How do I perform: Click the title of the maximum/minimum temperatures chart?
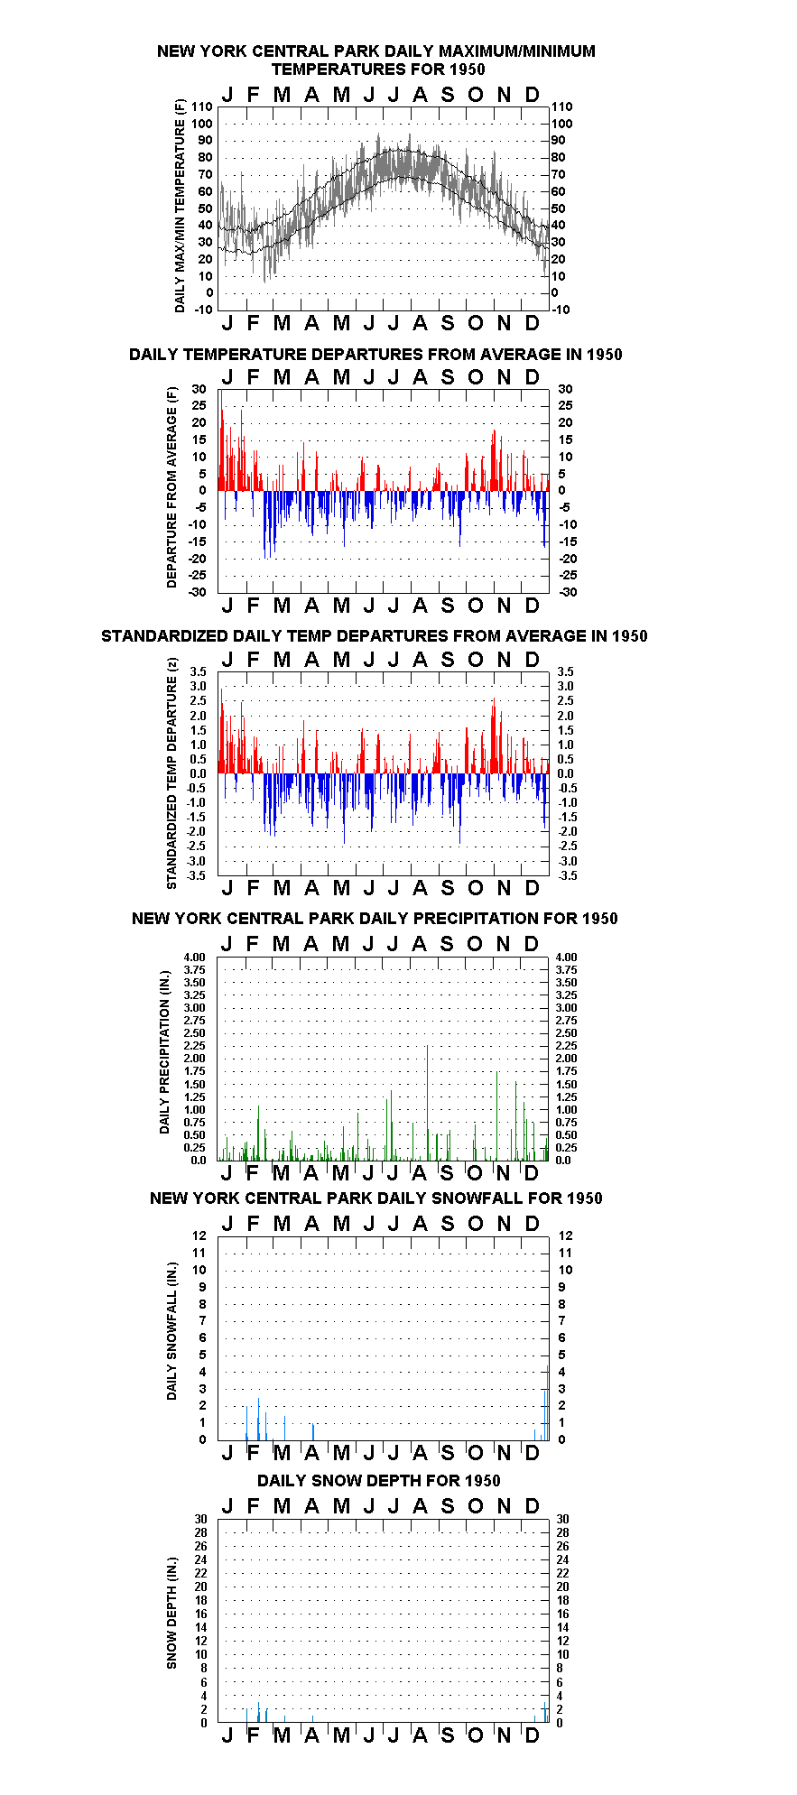376,60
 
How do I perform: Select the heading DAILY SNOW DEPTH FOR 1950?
378,1481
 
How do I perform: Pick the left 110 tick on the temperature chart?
202,106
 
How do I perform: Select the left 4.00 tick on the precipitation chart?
195,958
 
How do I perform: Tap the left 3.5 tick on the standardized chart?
199,671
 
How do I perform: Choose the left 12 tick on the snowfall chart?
199,1235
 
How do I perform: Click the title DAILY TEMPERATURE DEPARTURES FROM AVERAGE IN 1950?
375,355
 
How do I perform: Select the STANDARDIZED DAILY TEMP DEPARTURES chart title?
375,636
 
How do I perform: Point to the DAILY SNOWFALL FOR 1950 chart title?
376,1198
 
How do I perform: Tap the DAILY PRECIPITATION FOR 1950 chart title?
375,919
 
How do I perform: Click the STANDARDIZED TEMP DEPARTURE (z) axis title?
171,773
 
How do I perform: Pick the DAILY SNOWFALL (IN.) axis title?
171,1331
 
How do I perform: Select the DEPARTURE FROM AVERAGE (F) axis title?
171,487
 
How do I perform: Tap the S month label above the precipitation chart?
446,944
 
